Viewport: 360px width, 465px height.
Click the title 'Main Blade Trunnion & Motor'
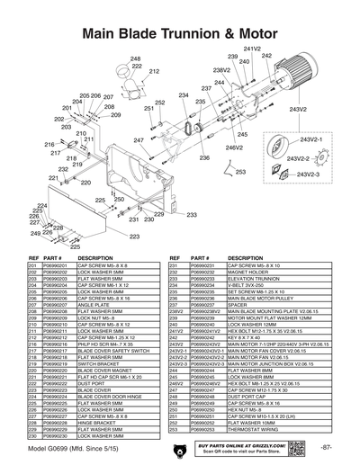pos(180,33)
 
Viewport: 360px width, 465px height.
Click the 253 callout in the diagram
pos(240,171)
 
